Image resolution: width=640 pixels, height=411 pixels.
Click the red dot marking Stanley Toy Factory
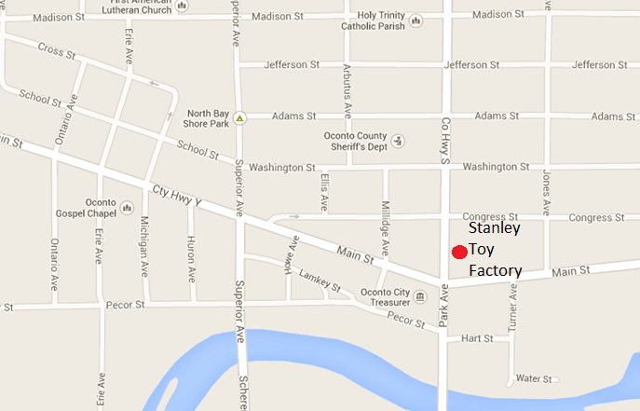[x=457, y=252]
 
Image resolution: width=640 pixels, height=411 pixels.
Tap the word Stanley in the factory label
[x=494, y=228]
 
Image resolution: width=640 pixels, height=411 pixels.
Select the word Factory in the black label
[x=495, y=271]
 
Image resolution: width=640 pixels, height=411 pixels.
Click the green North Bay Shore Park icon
[x=239, y=118]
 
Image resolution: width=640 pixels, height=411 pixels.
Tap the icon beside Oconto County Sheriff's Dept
[x=399, y=141]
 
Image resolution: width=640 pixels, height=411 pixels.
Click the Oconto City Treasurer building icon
[x=419, y=297]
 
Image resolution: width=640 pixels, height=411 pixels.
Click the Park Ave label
[x=444, y=307]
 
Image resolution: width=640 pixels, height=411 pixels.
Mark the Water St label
[x=535, y=379]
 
